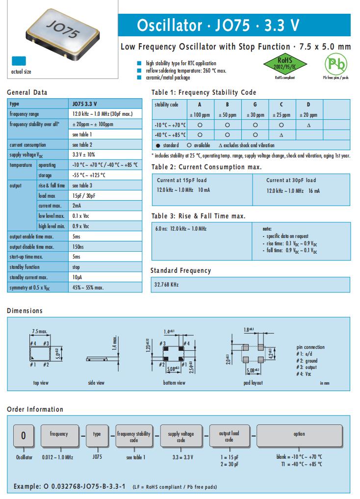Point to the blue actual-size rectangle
pos(20,61)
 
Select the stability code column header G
pos(255,105)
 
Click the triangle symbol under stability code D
pos(309,125)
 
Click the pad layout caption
pos(253,383)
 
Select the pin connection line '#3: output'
pos(308,368)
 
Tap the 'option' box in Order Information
pos(299,434)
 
